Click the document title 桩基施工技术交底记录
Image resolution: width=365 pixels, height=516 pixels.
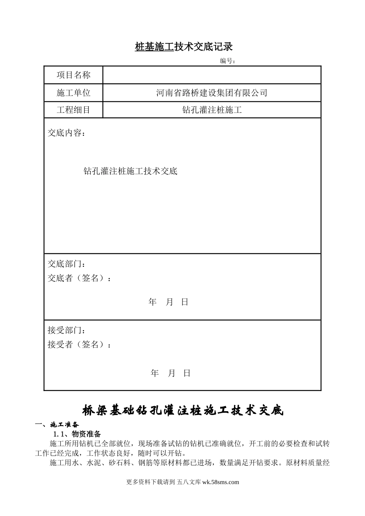[x=184, y=47]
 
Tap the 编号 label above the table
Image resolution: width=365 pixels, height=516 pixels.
[x=227, y=61]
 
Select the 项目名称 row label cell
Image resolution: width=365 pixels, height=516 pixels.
[x=73, y=75]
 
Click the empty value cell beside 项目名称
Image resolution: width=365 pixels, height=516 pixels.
[x=212, y=75]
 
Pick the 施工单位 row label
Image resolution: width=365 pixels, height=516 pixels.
[x=73, y=93]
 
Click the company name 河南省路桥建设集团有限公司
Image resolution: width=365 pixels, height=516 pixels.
[x=212, y=93]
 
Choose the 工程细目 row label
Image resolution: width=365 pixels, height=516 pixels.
[x=73, y=110]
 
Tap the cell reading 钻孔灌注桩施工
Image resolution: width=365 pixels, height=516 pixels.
[x=212, y=110]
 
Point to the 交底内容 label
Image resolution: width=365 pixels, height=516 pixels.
[x=66, y=133]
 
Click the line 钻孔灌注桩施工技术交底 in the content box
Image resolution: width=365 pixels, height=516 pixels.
[x=130, y=171]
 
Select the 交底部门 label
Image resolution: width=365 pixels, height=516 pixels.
[x=66, y=264]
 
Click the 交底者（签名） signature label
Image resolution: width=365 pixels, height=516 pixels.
[x=79, y=278]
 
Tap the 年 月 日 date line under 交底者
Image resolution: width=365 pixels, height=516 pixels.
[x=168, y=302]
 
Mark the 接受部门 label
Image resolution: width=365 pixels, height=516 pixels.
[x=66, y=331]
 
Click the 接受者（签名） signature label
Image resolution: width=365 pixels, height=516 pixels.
[x=79, y=345]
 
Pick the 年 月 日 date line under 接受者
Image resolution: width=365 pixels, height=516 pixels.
[x=171, y=373]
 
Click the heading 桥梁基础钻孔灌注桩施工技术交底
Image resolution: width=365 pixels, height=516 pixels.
[x=183, y=410]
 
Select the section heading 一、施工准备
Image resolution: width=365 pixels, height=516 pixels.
[x=57, y=425]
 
